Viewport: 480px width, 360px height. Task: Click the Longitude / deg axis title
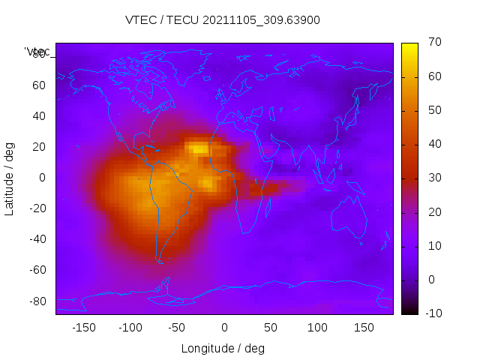[223, 349]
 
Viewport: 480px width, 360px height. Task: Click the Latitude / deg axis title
[10, 178]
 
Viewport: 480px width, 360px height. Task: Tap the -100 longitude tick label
[130, 328]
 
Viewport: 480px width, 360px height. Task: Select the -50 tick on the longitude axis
[177, 328]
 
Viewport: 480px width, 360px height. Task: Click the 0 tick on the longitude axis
[224, 328]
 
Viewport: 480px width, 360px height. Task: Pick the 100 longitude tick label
[318, 328]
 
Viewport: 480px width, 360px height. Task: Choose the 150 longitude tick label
[364, 328]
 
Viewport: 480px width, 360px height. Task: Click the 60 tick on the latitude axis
[39, 85]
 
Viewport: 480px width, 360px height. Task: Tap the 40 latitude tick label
[39, 115]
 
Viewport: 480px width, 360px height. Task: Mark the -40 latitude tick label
[37, 239]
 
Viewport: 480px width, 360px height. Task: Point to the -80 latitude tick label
[37, 301]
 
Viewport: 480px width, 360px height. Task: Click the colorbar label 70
[433, 43]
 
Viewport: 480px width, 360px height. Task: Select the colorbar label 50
[433, 110]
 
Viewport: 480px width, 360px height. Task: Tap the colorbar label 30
[433, 178]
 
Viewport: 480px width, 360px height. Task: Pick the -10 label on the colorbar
[432, 313]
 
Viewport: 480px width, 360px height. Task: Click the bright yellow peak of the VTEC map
[197, 148]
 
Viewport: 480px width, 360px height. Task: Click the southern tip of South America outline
[160, 261]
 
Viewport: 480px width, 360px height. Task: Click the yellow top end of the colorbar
[409, 46]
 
